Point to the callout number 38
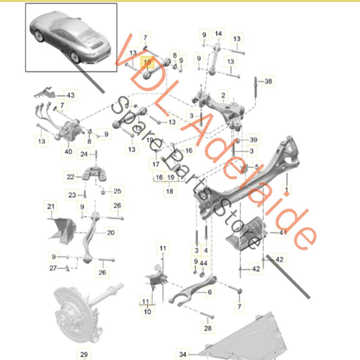268,81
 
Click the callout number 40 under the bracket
68,152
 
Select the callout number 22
71,177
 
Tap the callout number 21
51,205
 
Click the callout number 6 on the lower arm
209,292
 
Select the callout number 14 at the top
217,33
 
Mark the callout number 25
117,192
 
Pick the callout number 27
53,269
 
